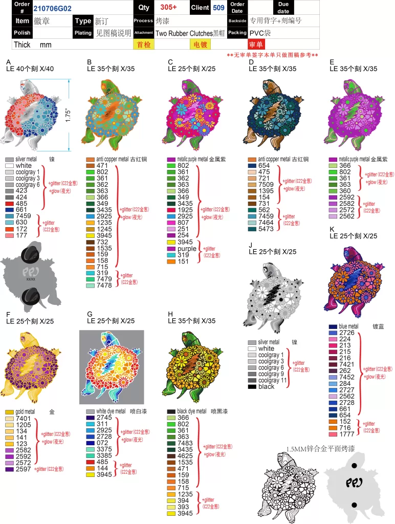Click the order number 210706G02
point(52,8)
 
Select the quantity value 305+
point(168,7)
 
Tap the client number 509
point(218,8)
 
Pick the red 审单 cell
point(255,45)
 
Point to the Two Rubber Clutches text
point(184,33)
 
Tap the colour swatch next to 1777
point(333,434)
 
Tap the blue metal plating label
point(348,326)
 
